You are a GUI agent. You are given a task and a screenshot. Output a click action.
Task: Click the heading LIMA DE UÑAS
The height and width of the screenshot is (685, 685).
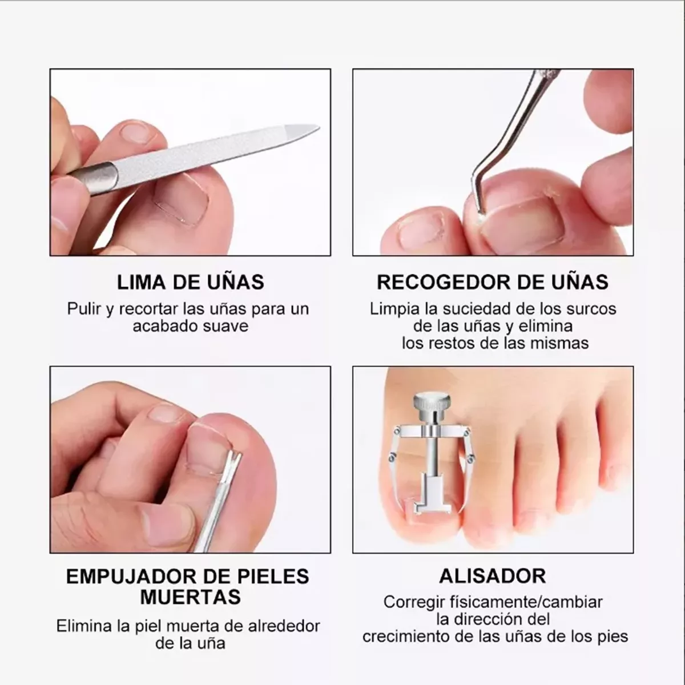[x=190, y=282]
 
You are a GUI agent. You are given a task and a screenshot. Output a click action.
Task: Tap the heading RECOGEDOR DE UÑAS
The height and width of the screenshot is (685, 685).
[x=493, y=282]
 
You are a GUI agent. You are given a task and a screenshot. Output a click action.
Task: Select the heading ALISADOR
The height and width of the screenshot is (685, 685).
[x=493, y=576]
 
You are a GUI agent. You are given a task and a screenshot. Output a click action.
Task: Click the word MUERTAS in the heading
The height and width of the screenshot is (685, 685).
[x=190, y=597]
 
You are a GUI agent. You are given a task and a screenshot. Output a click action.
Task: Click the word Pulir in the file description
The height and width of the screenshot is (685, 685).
[x=84, y=309]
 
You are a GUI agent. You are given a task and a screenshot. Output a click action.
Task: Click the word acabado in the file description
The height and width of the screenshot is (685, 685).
[x=158, y=327]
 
